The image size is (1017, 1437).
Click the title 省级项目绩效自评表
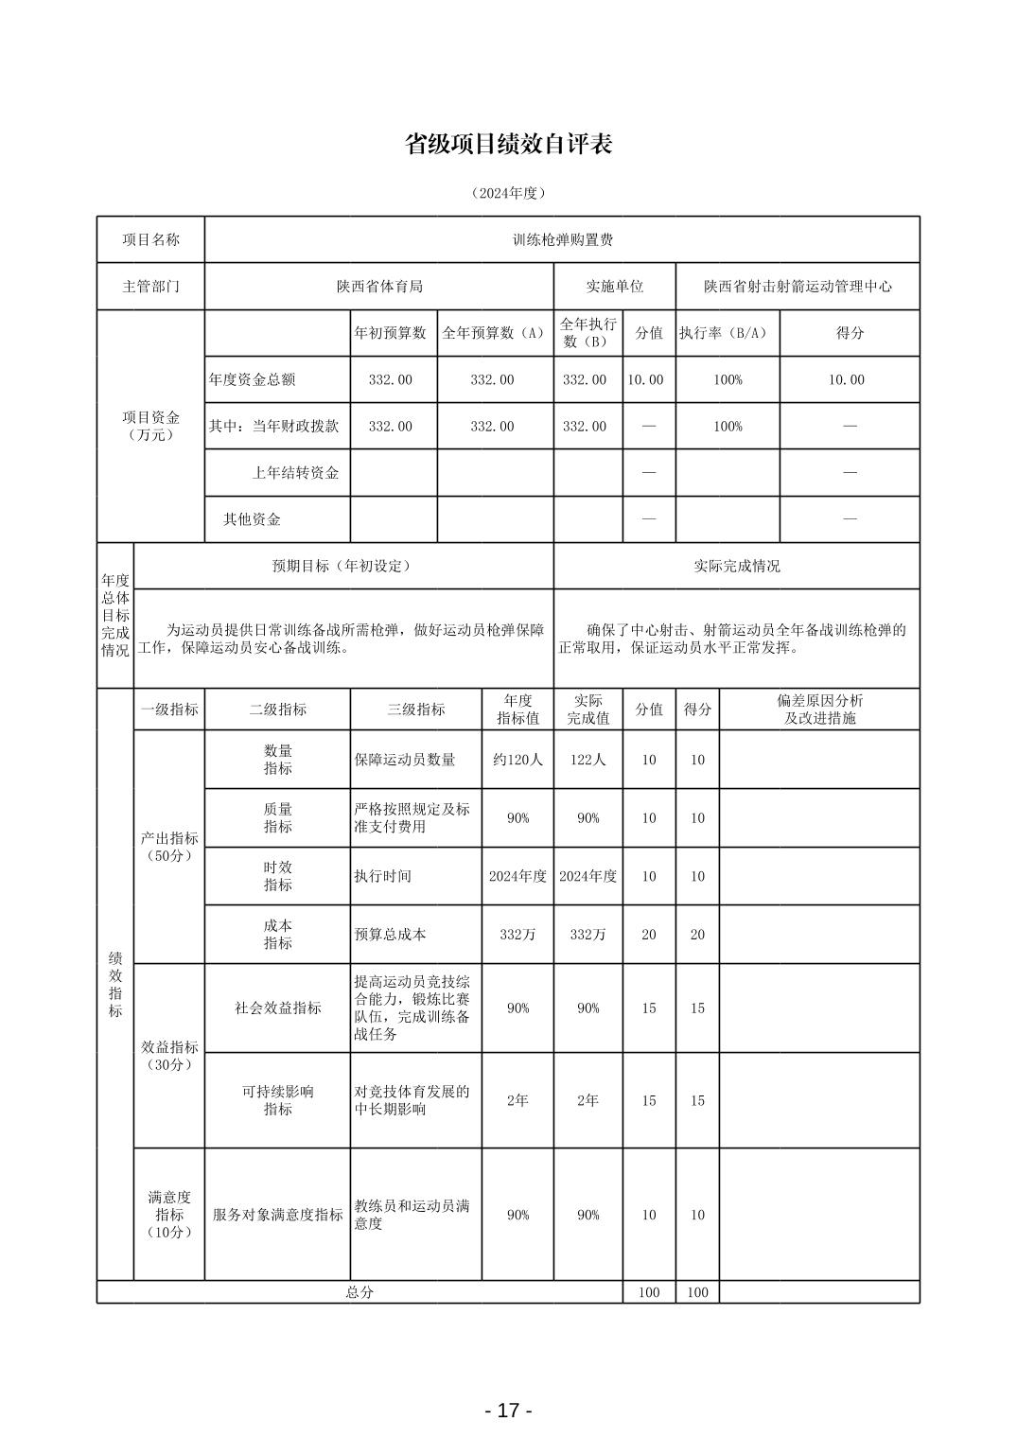[x=508, y=144]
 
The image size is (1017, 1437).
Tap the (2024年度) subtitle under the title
[x=508, y=193]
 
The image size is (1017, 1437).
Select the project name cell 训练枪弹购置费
[x=562, y=240]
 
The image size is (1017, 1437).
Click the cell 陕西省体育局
[x=379, y=286]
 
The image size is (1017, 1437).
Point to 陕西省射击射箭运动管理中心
[x=798, y=286]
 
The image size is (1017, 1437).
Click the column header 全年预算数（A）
[x=494, y=333]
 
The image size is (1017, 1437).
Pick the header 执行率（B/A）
[x=727, y=333]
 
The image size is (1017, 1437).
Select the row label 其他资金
[x=252, y=519]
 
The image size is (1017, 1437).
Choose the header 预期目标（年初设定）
[x=342, y=566]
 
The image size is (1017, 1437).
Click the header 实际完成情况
[x=737, y=566]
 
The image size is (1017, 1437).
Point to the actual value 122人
[x=587, y=759]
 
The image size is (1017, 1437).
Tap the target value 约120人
[x=517, y=759]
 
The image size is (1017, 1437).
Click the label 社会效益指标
[x=277, y=1008]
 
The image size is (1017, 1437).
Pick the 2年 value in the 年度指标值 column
[x=517, y=1100]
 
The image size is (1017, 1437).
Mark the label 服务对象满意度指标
[x=277, y=1215]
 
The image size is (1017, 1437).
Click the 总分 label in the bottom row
[x=359, y=1292]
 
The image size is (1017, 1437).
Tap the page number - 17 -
[x=508, y=1411]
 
